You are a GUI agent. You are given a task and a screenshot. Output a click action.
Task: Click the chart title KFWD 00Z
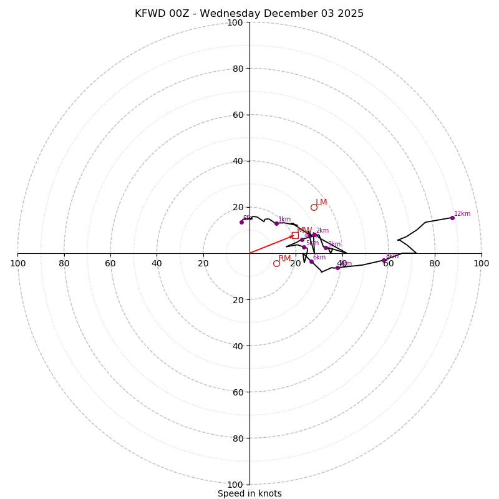pos(249,14)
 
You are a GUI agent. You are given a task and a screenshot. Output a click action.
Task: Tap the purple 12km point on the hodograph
pos(452,218)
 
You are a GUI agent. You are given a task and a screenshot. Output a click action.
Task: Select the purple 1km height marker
pos(276,223)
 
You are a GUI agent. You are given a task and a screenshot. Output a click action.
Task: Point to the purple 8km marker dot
pos(384,260)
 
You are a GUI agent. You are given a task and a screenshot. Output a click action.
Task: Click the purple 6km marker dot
pos(311,261)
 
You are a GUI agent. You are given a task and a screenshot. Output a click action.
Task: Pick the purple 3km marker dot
pos(326,248)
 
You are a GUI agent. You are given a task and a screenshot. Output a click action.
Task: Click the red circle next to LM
pos(314,207)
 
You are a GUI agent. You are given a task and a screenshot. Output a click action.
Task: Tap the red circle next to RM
pos(276,263)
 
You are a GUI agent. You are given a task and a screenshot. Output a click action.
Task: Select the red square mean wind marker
pos(295,235)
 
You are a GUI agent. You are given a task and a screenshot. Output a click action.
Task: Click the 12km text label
pos(462,214)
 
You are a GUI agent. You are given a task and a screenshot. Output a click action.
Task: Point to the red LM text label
pos(321,203)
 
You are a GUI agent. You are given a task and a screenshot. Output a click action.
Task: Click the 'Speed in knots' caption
pos(249,493)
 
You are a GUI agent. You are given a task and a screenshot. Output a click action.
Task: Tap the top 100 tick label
pos(235,23)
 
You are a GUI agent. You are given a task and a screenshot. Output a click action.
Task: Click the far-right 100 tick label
pos(481,263)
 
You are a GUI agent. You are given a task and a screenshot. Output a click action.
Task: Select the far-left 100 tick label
pos(18,263)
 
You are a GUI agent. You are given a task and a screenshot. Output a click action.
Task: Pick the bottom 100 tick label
pos(235,485)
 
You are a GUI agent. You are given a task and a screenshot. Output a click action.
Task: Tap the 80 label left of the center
pos(64,263)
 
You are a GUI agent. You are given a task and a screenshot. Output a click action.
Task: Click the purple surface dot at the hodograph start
pos(241,222)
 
